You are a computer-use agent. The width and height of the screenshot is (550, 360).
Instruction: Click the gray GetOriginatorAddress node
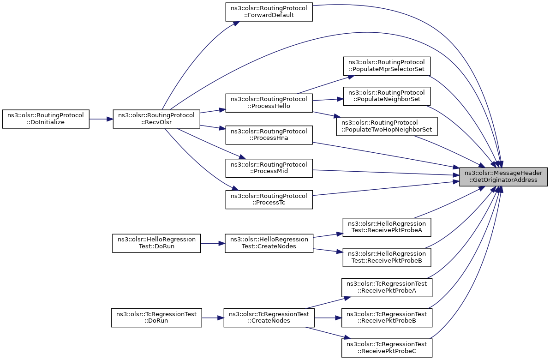pos(503,176)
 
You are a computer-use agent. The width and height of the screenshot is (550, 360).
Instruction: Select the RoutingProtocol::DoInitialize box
pos(46,119)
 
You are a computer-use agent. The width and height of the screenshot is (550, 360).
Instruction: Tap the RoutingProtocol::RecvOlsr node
pos(156,119)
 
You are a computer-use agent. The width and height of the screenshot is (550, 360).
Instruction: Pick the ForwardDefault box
pos(269,12)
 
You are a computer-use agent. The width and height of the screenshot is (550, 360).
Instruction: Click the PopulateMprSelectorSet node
pos(387,66)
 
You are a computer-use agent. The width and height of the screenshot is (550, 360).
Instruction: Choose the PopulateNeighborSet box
pos(387,96)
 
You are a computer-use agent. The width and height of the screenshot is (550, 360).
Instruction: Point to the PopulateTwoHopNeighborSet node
pos(387,126)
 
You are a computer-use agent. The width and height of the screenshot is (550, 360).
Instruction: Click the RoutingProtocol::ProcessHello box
pos(269,103)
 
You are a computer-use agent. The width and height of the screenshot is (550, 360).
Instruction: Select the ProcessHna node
pos(269,135)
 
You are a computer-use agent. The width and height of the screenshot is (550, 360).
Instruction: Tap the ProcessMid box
pos(269,168)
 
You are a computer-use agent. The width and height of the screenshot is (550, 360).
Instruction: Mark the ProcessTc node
pos(269,200)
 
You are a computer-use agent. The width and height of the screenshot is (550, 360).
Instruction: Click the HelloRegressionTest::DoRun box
pos(156,243)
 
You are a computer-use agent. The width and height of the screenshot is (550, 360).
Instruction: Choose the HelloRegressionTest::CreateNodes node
pos(269,243)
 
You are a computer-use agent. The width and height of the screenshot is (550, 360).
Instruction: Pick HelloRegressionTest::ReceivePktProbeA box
pos(387,227)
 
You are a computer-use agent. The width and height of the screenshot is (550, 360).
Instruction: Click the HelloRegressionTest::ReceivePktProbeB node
pos(387,257)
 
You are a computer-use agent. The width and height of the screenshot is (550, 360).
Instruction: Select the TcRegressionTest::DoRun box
pos(156,318)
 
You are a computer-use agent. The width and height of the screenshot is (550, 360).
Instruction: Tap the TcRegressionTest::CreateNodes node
pos(269,318)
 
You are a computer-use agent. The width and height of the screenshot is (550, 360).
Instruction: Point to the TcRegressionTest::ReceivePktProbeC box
pos(387,348)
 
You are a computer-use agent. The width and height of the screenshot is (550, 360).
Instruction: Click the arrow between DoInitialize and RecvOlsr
pos(101,119)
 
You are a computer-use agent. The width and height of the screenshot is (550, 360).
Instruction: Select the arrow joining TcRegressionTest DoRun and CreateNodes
pos(213,318)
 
